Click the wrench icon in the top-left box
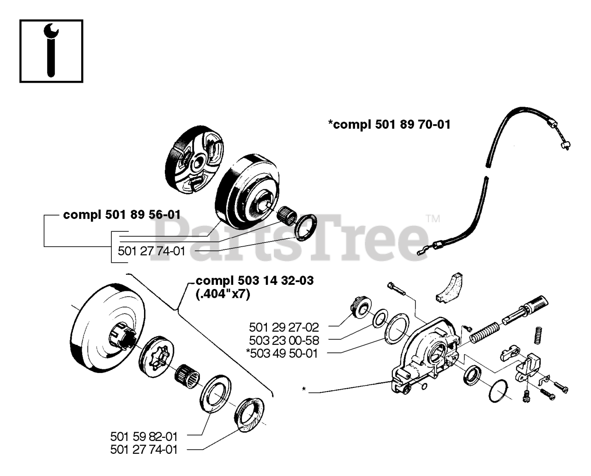point(51,51)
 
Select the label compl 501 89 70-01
point(389,124)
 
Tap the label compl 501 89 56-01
point(122,215)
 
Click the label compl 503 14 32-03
point(254,281)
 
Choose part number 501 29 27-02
point(284,327)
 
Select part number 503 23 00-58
point(284,340)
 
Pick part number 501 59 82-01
point(144,436)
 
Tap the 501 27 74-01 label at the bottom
point(144,449)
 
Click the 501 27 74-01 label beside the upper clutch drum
point(151,251)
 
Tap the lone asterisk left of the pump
point(304,389)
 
